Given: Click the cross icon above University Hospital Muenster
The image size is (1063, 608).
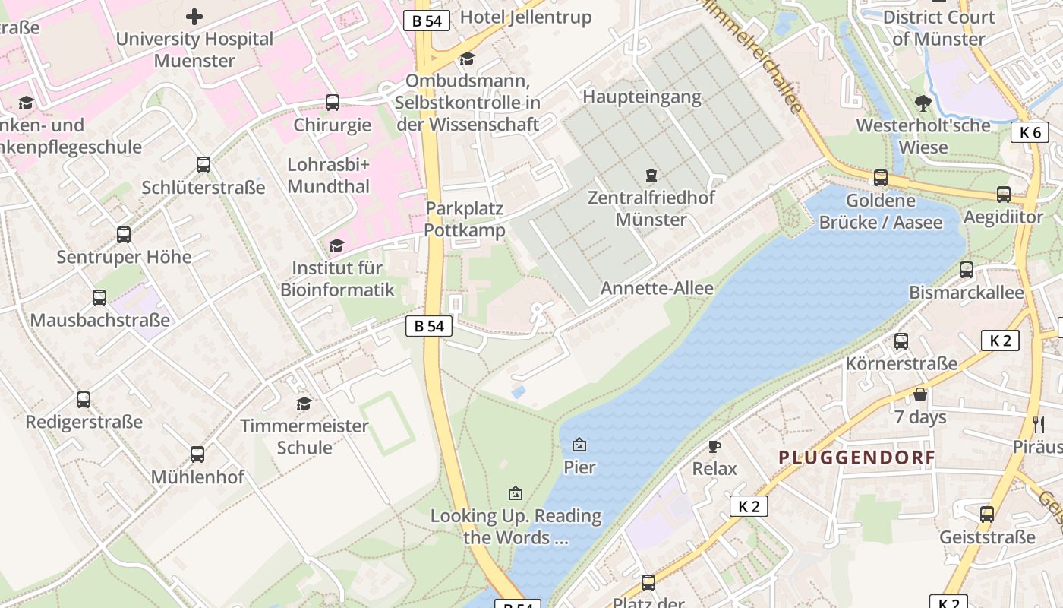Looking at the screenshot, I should pos(194,16).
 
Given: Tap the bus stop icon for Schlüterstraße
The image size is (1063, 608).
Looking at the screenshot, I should pos(203,164).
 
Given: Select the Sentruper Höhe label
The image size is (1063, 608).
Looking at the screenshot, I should pos(124,257).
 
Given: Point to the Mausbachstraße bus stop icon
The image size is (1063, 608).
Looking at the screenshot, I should pos(99,298).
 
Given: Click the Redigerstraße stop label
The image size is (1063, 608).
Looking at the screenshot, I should pos(84,422).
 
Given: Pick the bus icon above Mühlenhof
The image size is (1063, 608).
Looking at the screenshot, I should pos(197,454).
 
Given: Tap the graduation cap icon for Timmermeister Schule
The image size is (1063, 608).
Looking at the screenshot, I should pos(304,404).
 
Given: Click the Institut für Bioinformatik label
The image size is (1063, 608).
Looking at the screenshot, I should pos(338,279).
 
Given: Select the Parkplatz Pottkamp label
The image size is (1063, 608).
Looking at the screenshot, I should pos(465,219).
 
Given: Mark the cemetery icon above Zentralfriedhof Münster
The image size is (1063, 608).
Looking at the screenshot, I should pos(651,176).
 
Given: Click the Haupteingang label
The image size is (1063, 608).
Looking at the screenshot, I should pos(642,97).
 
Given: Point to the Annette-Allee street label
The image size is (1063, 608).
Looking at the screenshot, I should pos(657,289).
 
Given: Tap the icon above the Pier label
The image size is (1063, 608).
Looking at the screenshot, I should pos(579,445).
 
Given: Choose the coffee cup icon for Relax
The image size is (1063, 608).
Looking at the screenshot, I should pos(714,446).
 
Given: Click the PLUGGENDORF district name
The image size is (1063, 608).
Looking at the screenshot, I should pos(856,458).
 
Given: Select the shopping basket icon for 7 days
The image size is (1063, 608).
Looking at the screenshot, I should pos(920,394).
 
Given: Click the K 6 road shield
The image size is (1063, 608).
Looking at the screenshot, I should pos(1030,132).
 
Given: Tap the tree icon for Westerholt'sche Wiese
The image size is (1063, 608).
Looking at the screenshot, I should pos(923,103).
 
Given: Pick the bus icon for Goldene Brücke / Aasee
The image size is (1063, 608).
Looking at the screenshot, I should pos(880,178).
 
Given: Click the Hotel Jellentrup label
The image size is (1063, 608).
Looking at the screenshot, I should pos(525,17).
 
